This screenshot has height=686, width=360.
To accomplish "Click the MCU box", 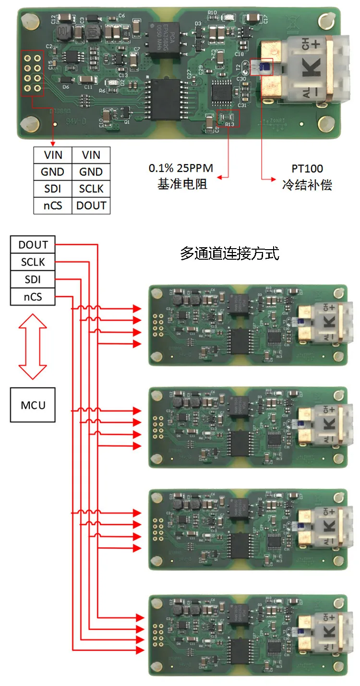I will [33, 405].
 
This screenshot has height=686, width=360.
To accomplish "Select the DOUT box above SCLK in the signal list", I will [33, 245].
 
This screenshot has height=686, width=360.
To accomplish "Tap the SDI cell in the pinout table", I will [53, 189].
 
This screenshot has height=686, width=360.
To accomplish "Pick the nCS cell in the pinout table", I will [53, 205].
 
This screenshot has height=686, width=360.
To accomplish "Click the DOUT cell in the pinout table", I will [91, 205].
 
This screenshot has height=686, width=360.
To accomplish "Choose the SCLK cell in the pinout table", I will [91, 189].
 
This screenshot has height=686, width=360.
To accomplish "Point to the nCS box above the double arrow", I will [33, 297].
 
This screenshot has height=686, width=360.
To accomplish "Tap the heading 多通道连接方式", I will [229, 253].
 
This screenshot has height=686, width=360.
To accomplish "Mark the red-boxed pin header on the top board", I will [32, 72].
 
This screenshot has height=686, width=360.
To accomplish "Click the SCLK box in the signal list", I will [33, 262].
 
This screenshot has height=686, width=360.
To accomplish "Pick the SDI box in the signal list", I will [33, 279].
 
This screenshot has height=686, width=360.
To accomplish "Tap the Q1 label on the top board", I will [127, 122].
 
